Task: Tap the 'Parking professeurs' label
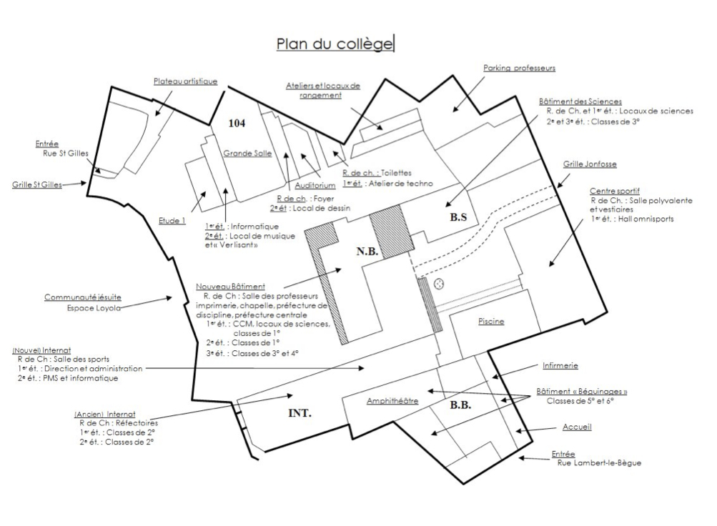point(519,69)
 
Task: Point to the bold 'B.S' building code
point(458,218)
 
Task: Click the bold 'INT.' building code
point(300,412)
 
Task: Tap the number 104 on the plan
point(237,123)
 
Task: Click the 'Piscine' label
point(491,322)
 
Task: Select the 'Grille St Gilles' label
point(36,184)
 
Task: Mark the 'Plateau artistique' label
point(185,81)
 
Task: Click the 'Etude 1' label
point(172,220)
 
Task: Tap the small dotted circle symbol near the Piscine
point(440,284)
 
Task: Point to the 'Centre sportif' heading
point(614,192)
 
